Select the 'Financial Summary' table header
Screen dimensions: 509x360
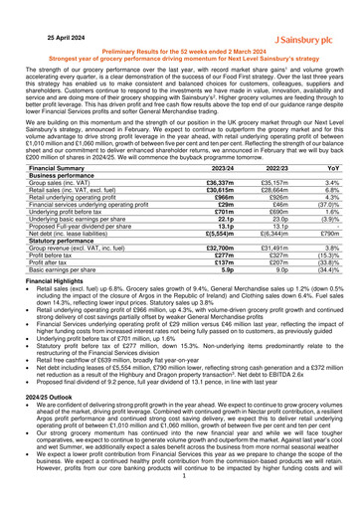[x=58, y=169]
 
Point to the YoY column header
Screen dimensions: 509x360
[x=329, y=169]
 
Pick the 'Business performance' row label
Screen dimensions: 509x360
[x=65, y=178]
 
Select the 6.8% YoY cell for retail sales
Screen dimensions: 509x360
[x=329, y=196]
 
